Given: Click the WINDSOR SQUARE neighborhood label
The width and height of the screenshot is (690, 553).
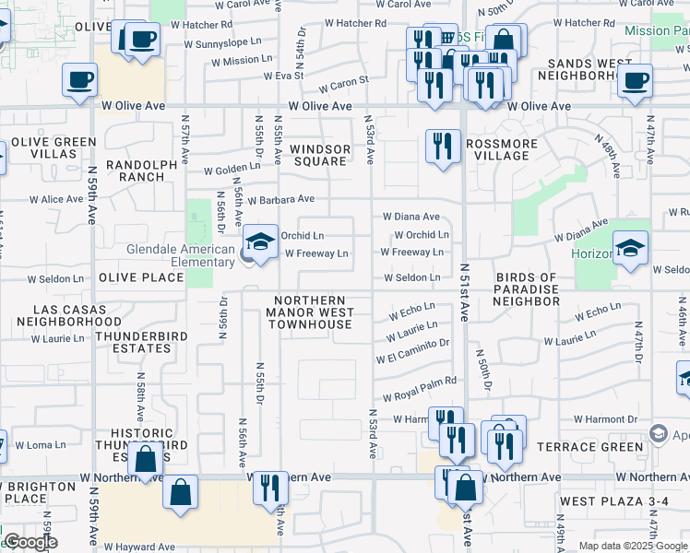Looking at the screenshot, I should [320, 155].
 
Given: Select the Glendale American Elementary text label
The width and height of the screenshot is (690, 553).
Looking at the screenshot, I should [180, 255].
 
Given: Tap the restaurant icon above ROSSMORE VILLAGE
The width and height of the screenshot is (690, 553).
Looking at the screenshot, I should [443, 147].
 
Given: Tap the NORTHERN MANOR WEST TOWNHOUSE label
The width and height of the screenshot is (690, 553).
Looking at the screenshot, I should [310, 313].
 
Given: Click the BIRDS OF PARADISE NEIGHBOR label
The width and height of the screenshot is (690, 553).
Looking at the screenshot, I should [527, 289].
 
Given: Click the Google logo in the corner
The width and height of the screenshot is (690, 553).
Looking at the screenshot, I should [30, 542].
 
